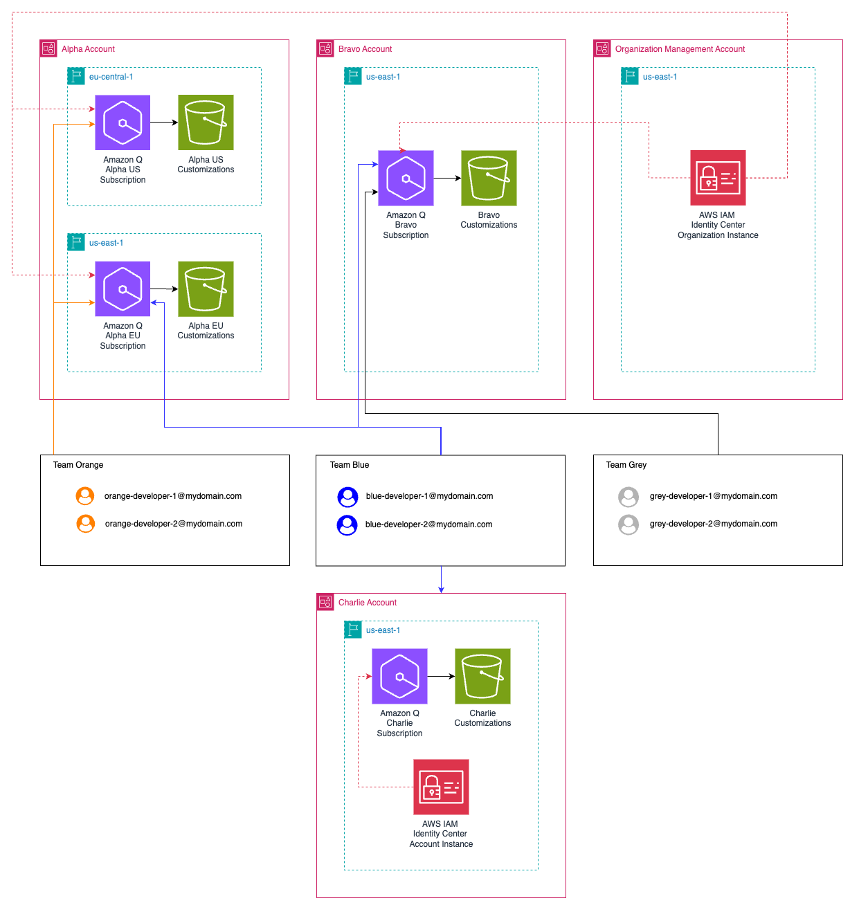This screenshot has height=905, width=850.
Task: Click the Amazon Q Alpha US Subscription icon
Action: tap(123, 122)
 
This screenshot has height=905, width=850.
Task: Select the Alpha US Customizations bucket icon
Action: tap(206, 122)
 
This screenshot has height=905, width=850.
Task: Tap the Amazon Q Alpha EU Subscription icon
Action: tap(123, 289)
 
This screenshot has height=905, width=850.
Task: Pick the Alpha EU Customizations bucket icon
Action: tap(206, 289)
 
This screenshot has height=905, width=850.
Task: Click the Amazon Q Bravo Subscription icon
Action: tap(406, 178)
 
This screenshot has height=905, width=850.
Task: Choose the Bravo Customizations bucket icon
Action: tap(489, 178)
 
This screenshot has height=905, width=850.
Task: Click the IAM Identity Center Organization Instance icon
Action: tap(718, 178)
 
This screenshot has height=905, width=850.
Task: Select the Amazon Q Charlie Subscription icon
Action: tap(399, 676)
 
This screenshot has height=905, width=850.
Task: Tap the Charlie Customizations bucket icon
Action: tap(482, 676)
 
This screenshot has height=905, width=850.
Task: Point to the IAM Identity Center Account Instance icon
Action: tap(441, 787)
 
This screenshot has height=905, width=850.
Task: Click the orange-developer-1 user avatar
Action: tap(85, 496)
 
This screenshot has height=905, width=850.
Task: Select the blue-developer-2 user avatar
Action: tap(347, 525)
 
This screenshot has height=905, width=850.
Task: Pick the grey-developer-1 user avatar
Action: tap(629, 497)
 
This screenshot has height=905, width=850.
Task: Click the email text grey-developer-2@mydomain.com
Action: tap(713, 524)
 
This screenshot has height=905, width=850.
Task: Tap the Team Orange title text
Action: tap(78, 465)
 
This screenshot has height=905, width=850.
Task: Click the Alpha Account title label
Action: tap(88, 49)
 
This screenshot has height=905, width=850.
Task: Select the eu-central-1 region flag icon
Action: tap(76, 76)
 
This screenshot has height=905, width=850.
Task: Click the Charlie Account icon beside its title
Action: tap(325, 602)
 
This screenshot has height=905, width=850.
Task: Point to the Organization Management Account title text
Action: tap(680, 49)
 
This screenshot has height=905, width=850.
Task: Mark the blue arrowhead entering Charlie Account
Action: tap(441, 589)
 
